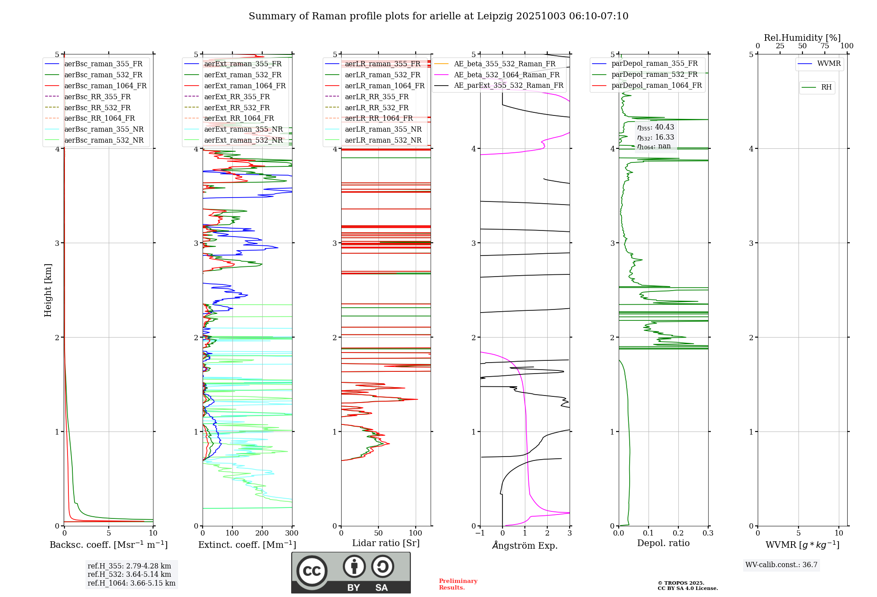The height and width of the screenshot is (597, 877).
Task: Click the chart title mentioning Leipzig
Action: click(x=438, y=16)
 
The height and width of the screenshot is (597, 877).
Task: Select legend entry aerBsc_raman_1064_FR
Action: click(x=105, y=86)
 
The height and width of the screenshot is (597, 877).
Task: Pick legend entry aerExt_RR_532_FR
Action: click(x=237, y=108)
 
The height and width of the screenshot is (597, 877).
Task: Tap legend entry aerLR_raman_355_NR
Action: click(x=383, y=129)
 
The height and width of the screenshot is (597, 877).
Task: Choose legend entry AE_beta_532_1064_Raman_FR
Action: click(x=506, y=75)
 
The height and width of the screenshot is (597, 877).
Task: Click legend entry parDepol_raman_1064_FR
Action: click(x=656, y=86)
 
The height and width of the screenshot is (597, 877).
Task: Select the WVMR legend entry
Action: click(x=828, y=64)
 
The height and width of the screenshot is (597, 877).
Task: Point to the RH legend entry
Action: click(x=826, y=87)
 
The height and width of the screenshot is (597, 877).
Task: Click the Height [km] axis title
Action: click(x=48, y=290)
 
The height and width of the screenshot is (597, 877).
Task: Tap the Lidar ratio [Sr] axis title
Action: click(x=386, y=543)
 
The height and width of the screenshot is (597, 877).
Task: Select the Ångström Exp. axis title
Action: click(x=525, y=546)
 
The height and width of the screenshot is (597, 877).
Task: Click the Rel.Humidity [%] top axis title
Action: click(x=802, y=38)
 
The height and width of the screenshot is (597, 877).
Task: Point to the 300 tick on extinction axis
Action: click(x=292, y=533)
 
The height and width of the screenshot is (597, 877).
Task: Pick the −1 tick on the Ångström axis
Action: click(x=480, y=533)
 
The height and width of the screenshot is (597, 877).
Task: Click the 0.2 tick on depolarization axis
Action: click(x=678, y=533)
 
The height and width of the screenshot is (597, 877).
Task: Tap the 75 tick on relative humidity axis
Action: click(x=825, y=46)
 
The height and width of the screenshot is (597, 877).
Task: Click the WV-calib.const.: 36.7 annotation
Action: click(x=781, y=565)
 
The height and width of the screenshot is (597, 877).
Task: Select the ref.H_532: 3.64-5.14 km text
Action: click(x=129, y=575)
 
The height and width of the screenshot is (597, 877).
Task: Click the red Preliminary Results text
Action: click(x=458, y=584)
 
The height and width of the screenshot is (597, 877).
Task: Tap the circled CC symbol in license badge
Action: click(x=312, y=571)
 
